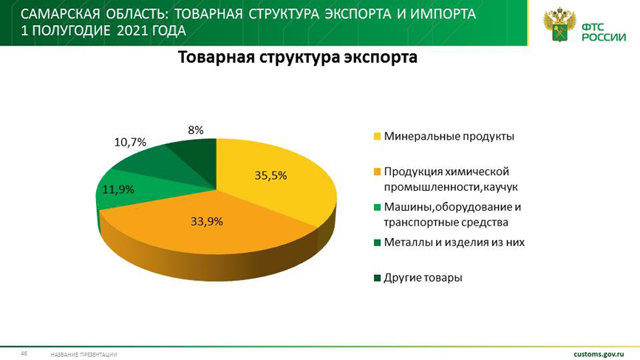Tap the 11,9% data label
[x=119, y=189]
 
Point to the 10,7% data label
[x=129, y=142]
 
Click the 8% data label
[x=196, y=130]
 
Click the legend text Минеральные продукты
[x=449, y=137]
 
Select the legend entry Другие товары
[x=423, y=278]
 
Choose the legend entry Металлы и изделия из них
[x=454, y=242]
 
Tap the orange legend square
[x=377, y=172]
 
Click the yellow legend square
[x=377, y=137]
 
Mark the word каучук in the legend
[x=494, y=186]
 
